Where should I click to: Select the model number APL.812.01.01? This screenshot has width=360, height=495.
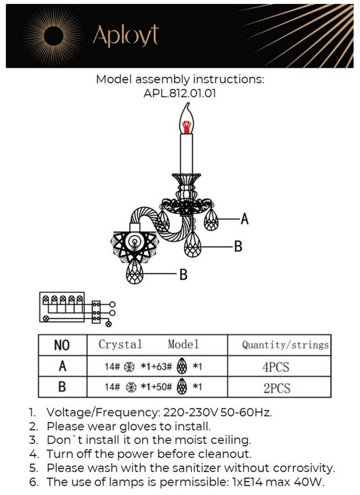pos(180,94)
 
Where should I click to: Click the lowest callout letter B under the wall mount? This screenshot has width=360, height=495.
pos(183,274)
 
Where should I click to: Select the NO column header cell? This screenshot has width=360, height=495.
pos(62,346)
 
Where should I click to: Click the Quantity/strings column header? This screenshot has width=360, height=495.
pos(285,345)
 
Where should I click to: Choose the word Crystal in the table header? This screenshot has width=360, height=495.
pos(120,345)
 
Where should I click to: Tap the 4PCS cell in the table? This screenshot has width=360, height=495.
pos(276,367)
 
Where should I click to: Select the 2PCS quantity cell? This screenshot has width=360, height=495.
pos(276,388)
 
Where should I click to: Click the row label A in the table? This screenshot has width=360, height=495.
pos(62,367)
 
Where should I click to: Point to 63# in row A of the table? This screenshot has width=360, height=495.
pos(164,367)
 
